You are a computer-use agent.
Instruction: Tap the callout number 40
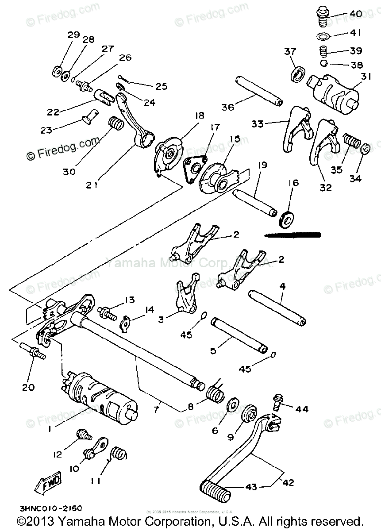click(x=355, y=14)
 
